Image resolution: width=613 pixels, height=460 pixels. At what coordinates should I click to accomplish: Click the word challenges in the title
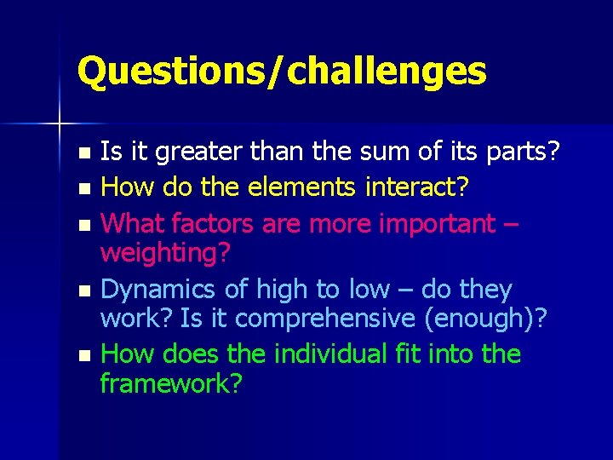(x=387, y=71)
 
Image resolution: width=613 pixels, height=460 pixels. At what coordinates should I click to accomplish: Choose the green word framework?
(x=171, y=383)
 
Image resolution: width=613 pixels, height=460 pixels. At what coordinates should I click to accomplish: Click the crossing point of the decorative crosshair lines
(x=60, y=124)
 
